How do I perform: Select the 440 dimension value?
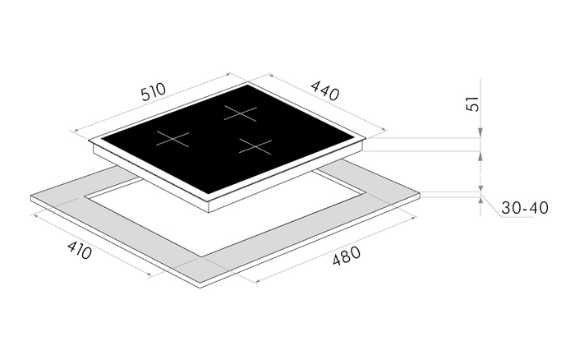tap(325, 91)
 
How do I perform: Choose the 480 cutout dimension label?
tap(348, 261)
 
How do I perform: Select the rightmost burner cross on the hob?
tap(255, 146)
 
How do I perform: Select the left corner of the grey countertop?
tap(31, 197)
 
